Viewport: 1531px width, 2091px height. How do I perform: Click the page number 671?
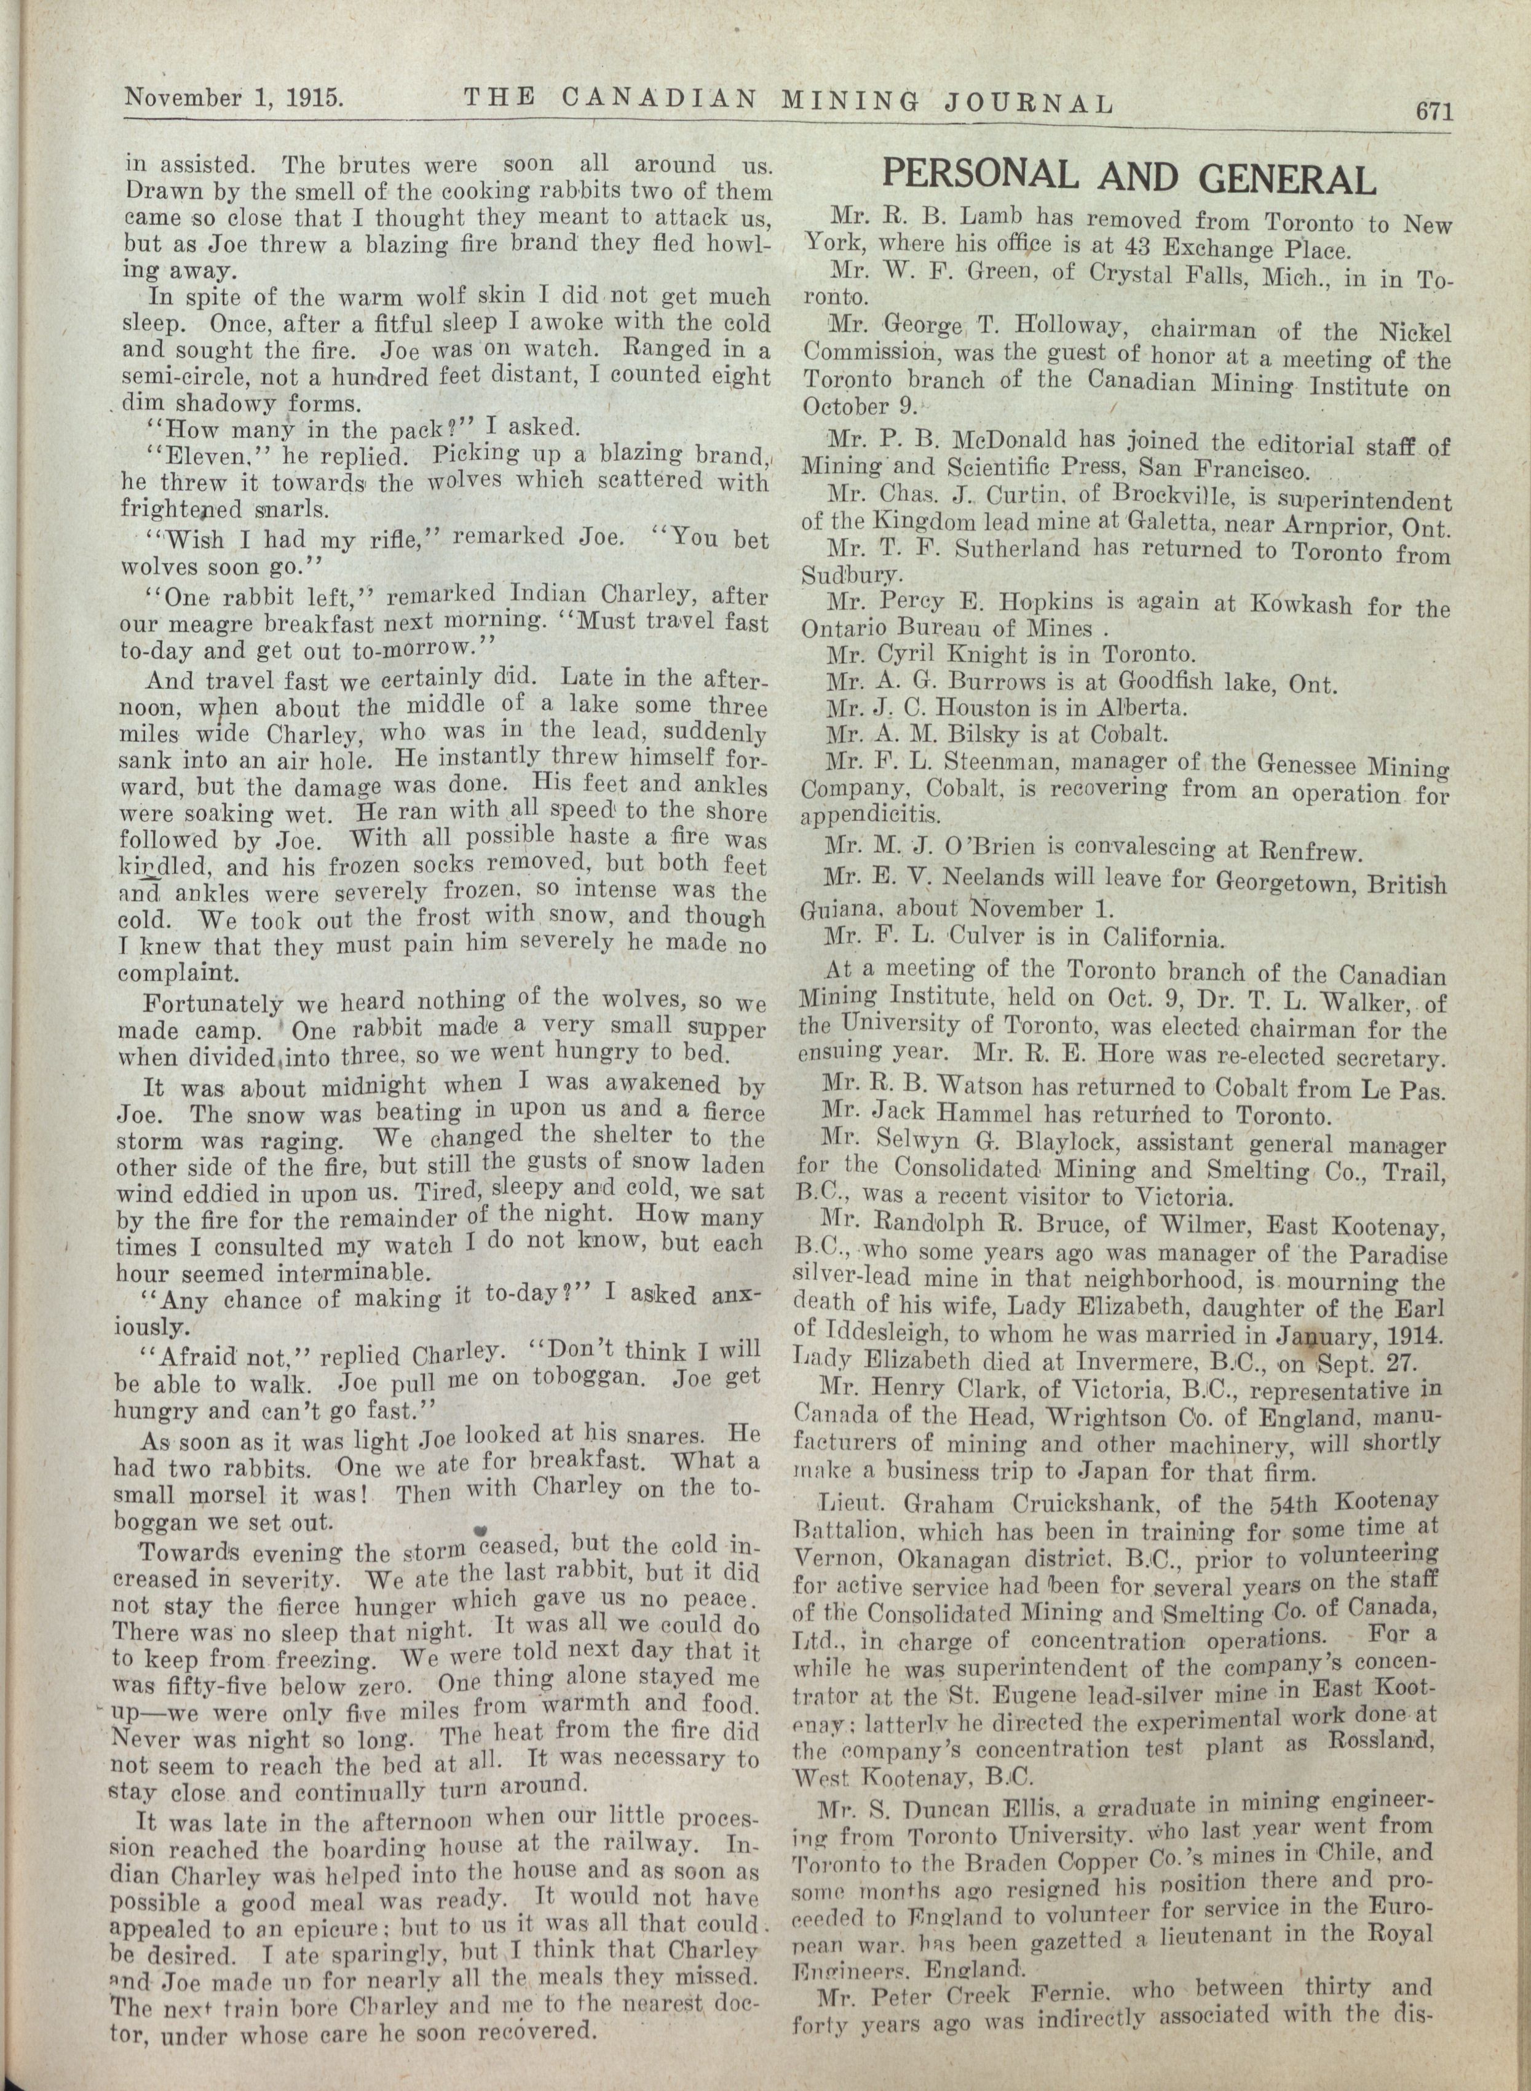click(x=1432, y=111)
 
